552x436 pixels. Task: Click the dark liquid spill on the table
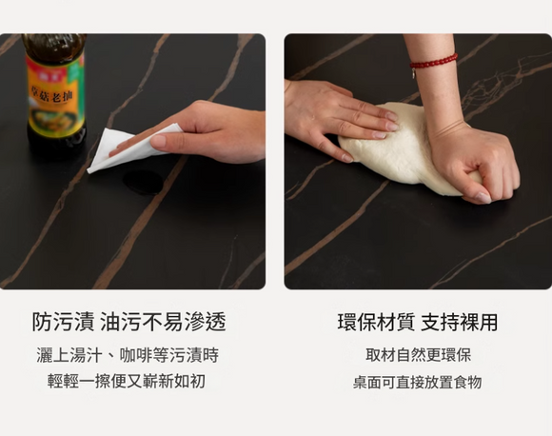click(x=143, y=181)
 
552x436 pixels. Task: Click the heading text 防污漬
click(x=62, y=322)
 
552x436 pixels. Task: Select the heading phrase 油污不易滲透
click(x=163, y=322)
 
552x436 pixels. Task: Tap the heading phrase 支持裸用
click(x=462, y=322)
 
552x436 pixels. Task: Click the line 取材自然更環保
click(x=418, y=355)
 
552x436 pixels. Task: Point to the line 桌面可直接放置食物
click(x=418, y=382)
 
